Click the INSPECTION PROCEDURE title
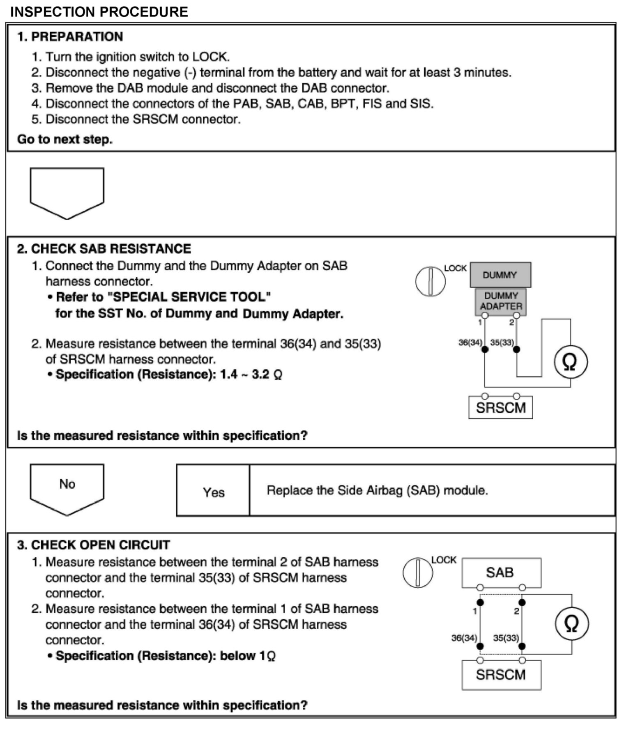tap(99, 11)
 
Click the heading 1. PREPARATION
tap(70, 37)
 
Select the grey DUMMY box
tap(500, 275)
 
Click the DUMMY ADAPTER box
tap(501, 301)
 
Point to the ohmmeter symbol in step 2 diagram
tap(570, 362)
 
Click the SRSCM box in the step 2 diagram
tap(500, 408)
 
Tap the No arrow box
tap(67, 487)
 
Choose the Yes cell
tap(213, 492)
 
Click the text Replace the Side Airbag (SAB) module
tap(377, 490)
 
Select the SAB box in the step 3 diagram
tap(500, 572)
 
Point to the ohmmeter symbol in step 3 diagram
tap(571, 623)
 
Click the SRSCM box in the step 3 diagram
tap(501, 675)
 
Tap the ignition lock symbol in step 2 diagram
tap(430, 282)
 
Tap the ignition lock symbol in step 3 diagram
tap(418, 572)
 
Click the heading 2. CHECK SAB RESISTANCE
tap(104, 249)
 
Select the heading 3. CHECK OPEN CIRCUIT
tap(93, 545)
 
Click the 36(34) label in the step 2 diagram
tap(470, 343)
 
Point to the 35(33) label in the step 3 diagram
tap(506, 638)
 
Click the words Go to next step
tap(64, 140)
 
